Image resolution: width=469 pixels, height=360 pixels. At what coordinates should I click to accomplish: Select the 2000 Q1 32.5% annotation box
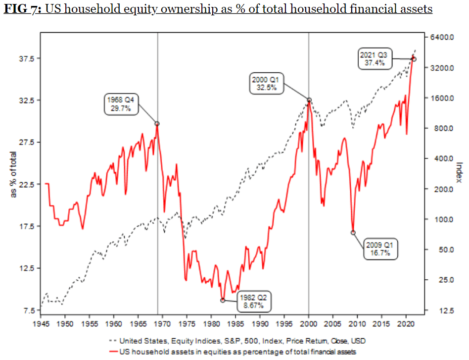pos(267,83)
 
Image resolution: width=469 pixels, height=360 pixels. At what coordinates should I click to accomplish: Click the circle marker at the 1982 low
pos(223,300)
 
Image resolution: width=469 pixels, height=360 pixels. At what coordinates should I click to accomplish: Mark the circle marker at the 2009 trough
pos(353,232)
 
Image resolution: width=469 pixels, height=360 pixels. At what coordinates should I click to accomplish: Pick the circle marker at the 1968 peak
pos(157,124)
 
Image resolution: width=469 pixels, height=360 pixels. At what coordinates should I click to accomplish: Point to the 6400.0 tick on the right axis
pos(442,37)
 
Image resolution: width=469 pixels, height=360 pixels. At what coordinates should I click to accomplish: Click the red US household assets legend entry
pos(233,352)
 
